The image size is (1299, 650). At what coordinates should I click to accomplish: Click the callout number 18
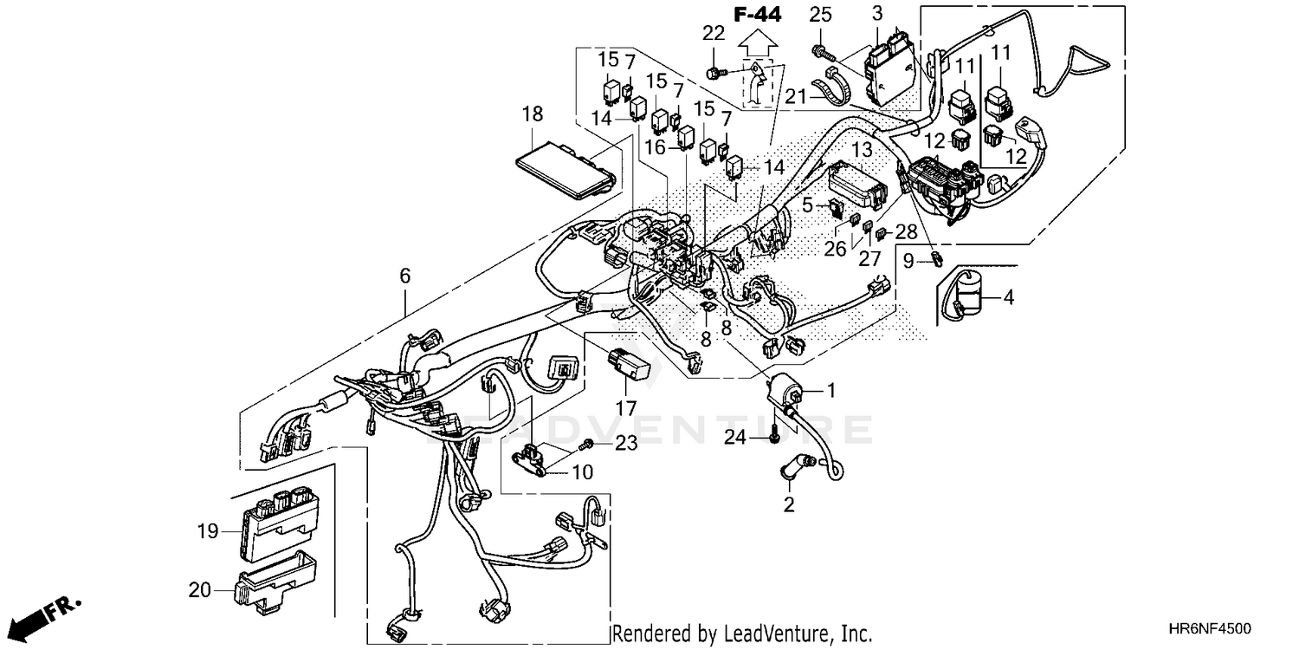click(533, 114)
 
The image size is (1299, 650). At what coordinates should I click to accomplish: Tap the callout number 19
click(207, 531)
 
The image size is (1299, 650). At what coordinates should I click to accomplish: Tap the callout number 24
click(735, 438)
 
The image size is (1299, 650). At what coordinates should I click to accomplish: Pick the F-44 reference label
click(757, 14)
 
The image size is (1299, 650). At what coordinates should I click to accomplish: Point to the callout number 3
click(877, 14)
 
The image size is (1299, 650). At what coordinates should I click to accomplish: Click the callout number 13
click(861, 150)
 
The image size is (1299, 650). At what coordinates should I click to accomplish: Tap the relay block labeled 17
click(627, 364)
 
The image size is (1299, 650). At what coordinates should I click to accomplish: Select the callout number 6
click(404, 276)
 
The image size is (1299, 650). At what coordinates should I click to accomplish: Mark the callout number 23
click(625, 444)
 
